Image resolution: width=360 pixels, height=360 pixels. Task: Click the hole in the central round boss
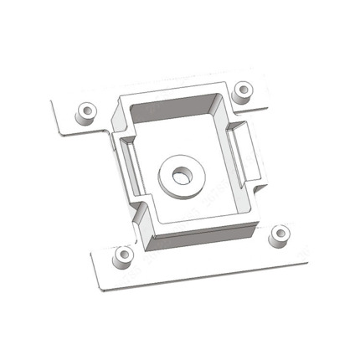[180, 176]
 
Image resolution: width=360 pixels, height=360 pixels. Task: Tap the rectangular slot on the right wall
[240, 151]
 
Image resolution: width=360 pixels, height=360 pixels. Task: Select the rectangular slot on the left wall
[124, 163]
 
